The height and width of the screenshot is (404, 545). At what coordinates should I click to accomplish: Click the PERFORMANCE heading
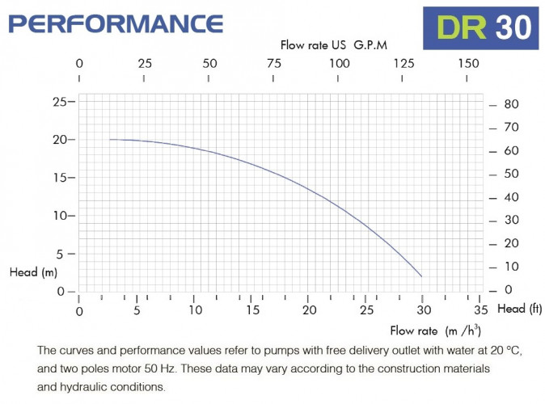pyautogui.click(x=116, y=23)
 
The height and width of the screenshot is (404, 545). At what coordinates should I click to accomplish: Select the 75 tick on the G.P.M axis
pyautogui.click(x=273, y=63)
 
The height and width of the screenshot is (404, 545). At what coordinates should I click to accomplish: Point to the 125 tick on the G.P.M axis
pyautogui.click(x=403, y=63)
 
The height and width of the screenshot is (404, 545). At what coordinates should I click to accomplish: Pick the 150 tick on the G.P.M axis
pyautogui.click(x=468, y=63)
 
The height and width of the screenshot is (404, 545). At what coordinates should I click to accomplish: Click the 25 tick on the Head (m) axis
pyautogui.click(x=59, y=102)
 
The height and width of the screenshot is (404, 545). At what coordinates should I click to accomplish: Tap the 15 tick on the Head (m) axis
pyautogui.click(x=59, y=178)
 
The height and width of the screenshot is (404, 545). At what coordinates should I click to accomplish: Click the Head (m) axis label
pyautogui.click(x=33, y=272)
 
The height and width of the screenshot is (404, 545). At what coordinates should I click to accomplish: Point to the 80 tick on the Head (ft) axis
pyautogui.click(x=511, y=104)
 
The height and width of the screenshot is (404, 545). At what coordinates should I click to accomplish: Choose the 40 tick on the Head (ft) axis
pyautogui.click(x=511, y=197)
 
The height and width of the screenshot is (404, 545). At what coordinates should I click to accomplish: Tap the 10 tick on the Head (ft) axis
pyautogui.click(x=511, y=267)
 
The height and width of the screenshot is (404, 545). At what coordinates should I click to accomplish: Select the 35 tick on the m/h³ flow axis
pyautogui.click(x=481, y=310)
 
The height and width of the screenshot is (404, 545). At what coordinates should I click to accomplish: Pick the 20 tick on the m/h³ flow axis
pyautogui.click(x=309, y=310)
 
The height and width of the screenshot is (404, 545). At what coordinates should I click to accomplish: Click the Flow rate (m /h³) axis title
pyautogui.click(x=435, y=330)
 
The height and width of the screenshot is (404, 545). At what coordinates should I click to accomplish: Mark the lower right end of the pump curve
pyautogui.click(x=421, y=276)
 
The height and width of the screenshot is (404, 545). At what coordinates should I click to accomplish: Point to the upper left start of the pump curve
pyautogui.click(x=111, y=140)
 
